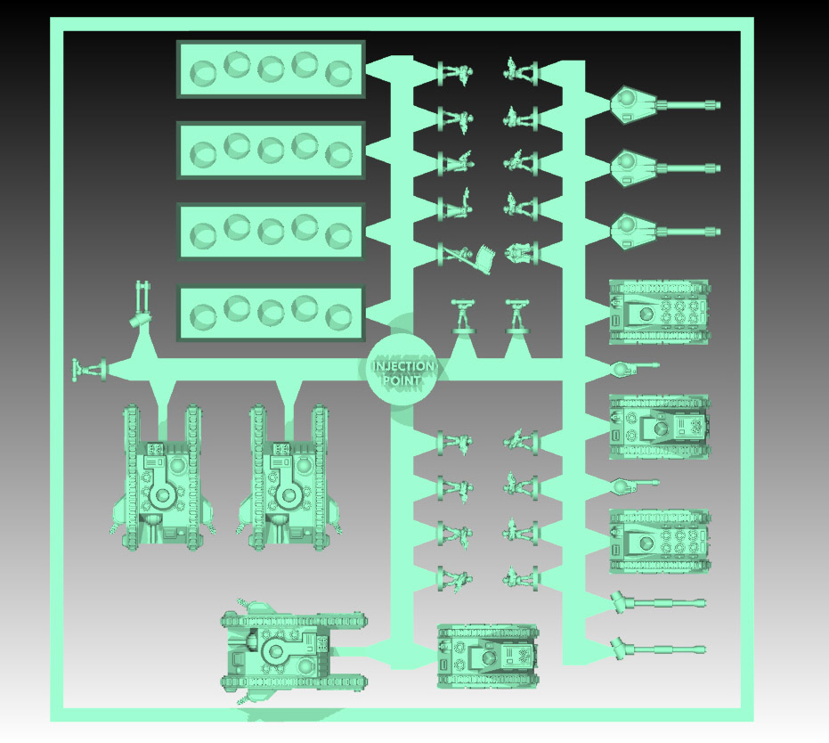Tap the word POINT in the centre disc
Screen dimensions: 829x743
(x=402, y=380)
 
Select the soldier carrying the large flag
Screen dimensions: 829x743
(x=467, y=257)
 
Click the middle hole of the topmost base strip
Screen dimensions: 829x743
(x=271, y=69)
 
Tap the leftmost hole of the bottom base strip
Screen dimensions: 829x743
(x=203, y=316)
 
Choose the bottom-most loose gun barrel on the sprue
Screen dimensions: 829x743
(x=657, y=649)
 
